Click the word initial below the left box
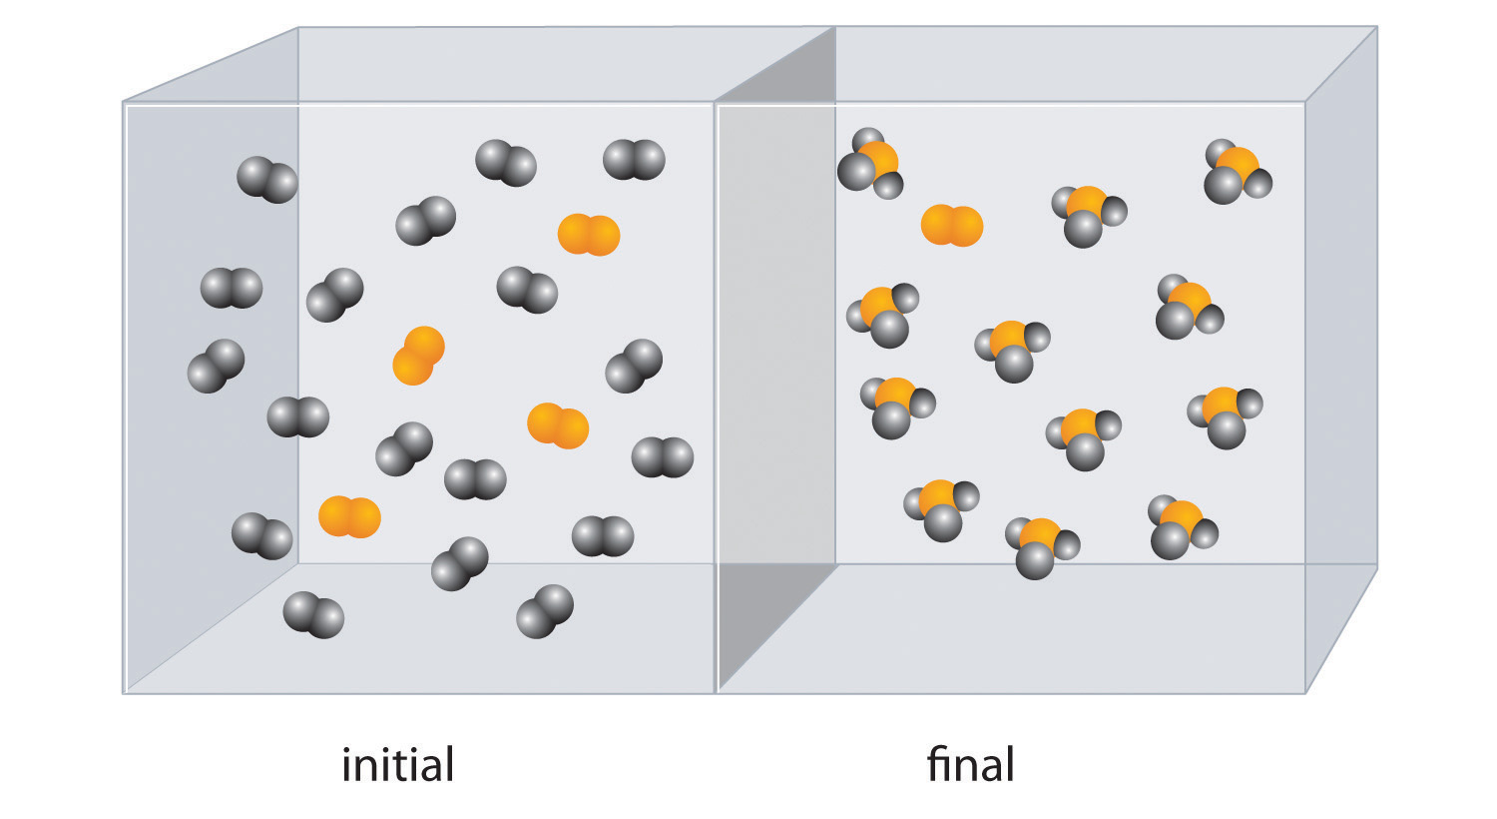[x=397, y=765]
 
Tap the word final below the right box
[x=970, y=765]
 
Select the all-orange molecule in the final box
[x=952, y=226]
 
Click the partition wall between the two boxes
[x=776, y=400]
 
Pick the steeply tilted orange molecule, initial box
[x=418, y=356]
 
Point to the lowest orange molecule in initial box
[x=349, y=517]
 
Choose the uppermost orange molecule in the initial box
[x=589, y=235]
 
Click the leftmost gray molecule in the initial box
[x=215, y=367]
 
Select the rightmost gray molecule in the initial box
[x=663, y=457]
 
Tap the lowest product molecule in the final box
[x=1041, y=547]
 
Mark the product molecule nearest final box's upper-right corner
[x=1238, y=173]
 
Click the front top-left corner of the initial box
[x=125, y=103]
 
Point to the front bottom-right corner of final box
[x=1305, y=692]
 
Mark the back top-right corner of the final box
[x=1376, y=27]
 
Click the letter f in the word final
[x=935, y=764]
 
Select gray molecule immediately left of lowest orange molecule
[x=261, y=536]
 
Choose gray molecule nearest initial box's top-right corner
[x=634, y=160]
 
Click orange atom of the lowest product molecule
[x=1040, y=535]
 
